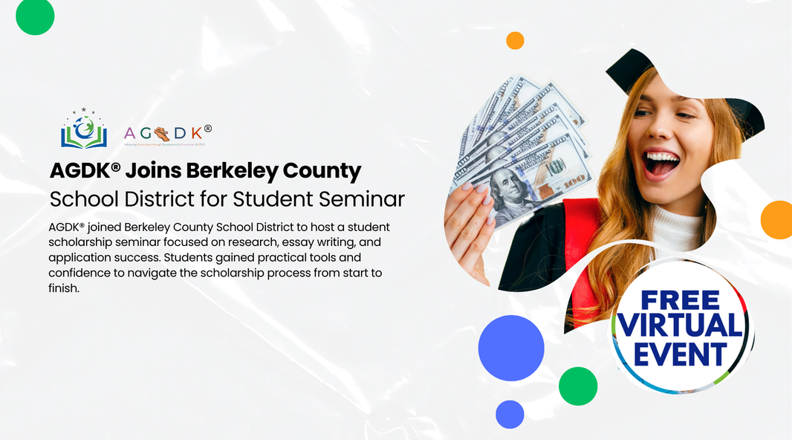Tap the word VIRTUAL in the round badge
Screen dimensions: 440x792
(681, 326)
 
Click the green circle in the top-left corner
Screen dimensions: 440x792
(35, 16)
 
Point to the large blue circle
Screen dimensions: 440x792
(511, 348)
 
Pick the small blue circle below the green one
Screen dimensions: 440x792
(510, 414)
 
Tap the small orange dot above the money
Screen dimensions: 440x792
(515, 41)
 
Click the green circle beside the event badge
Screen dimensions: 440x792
(578, 386)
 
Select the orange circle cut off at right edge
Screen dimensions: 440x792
(777, 220)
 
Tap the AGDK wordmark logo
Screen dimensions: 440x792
(168, 133)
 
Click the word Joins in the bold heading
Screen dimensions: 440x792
(153, 171)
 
